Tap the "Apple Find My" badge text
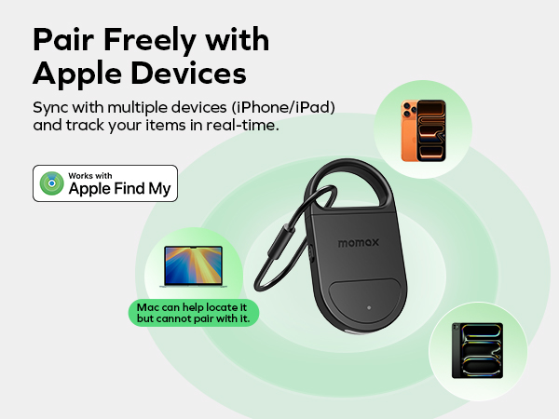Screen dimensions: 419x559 (x=118, y=189)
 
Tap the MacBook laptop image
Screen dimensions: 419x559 (x=194, y=266)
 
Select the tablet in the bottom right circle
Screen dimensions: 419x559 (x=476, y=351)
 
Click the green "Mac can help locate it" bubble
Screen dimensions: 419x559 (x=194, y=312)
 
